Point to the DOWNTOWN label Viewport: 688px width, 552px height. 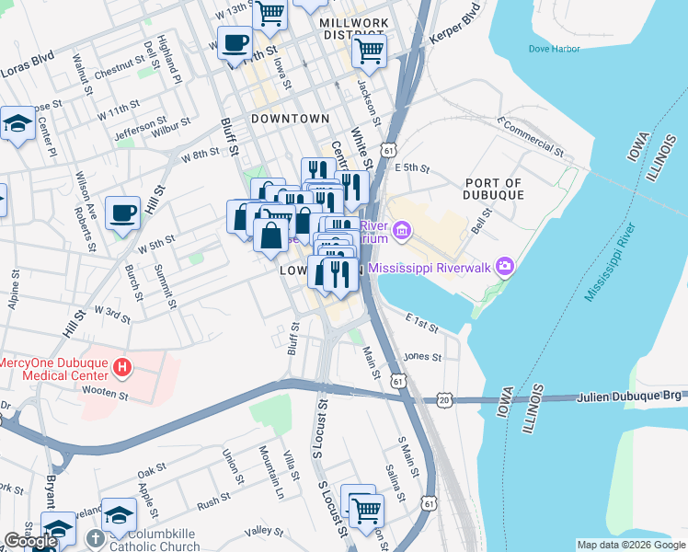(290, 119)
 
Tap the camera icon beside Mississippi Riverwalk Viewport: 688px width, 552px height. (503, 268)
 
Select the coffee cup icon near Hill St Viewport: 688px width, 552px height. (122, 214)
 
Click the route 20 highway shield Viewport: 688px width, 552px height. (445, 400)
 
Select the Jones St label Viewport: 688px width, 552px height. (423, 356)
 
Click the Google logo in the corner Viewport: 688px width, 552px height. (29, 541)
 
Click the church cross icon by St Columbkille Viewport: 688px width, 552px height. (95, 537)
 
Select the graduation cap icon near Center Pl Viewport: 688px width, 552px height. (17, 123)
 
